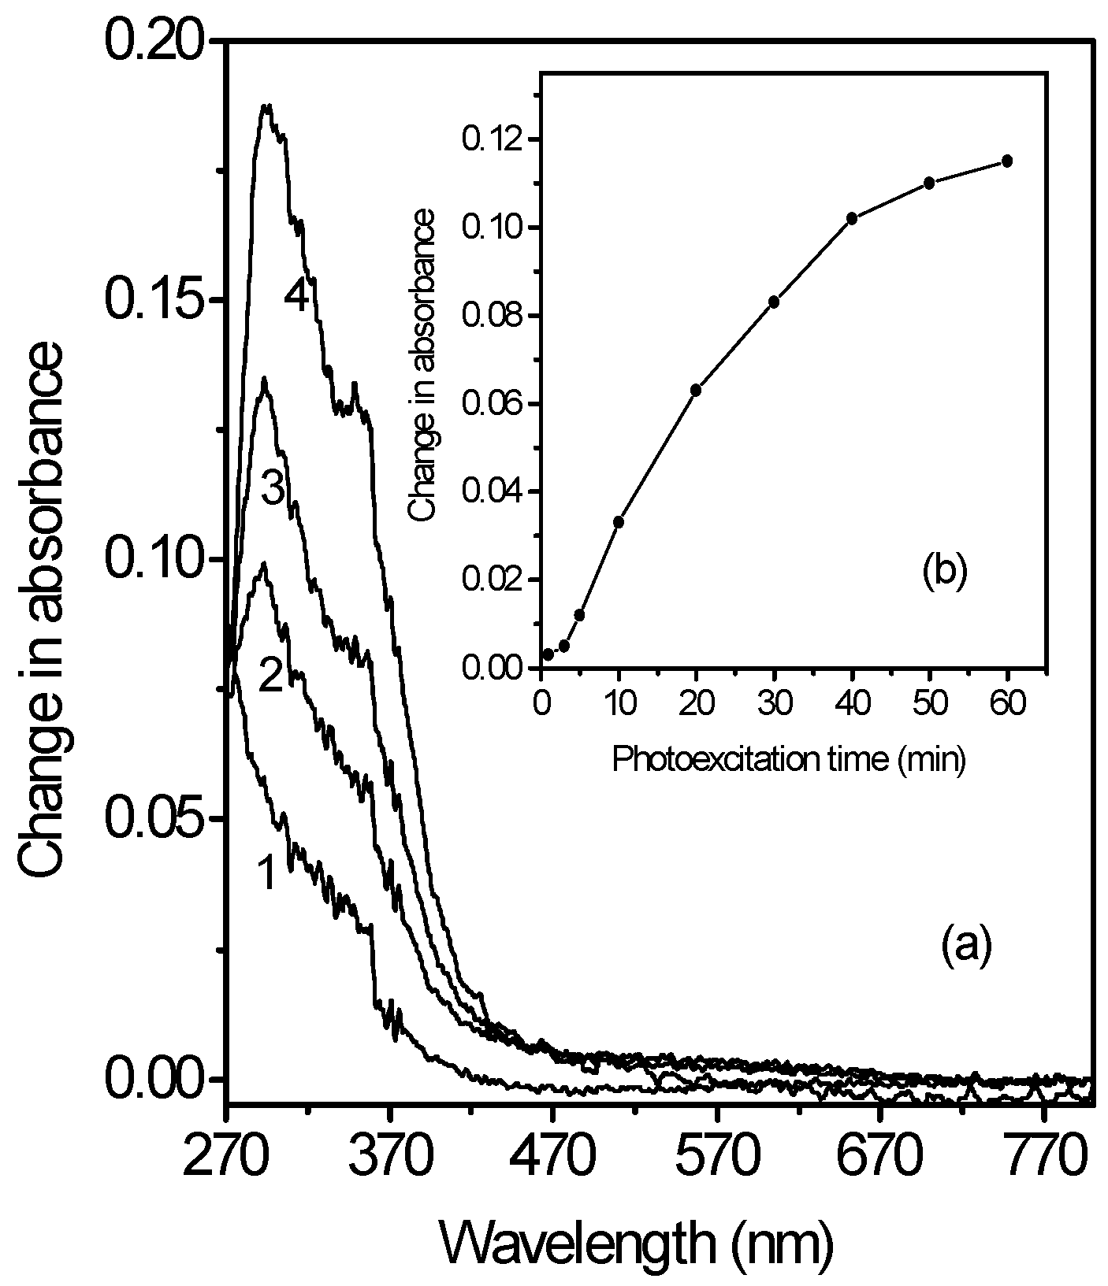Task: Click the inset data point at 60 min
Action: (1006, 161)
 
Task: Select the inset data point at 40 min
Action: (851, 218)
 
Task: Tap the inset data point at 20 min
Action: (696, 390)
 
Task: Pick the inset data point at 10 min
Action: (619, 521)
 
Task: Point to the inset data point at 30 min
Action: (774, 302)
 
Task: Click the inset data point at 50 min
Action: (929, 183)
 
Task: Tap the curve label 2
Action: (270, 676)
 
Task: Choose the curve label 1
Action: (266, 873)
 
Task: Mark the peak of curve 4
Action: (267, 106)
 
